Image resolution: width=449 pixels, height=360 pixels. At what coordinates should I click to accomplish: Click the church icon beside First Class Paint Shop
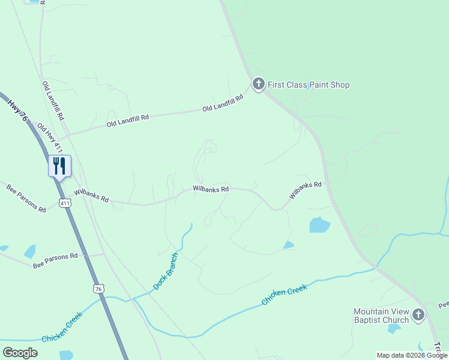[x=259, y=84]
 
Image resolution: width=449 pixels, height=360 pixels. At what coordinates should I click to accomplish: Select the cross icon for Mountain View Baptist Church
[x=418, y=314]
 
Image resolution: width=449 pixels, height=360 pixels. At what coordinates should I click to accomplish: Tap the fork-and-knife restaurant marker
[x=59, y=166]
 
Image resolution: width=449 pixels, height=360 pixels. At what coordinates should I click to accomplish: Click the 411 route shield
[x=65, y=203]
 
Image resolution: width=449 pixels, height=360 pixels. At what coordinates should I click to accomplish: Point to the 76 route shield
[x=99, y=289]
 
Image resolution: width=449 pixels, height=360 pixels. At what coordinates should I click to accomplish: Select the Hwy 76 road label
[x=18, y=112]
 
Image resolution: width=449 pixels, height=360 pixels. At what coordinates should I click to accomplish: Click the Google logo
[x=20, y=353]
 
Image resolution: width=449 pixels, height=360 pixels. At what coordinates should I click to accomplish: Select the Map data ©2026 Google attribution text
[x=412, y=355]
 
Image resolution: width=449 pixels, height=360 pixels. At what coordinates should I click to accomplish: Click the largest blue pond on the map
[x=319, y=224]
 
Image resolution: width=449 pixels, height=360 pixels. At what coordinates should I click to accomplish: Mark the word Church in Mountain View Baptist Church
[x=396, y=320]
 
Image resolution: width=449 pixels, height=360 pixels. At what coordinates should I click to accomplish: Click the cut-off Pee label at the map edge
[x=443, y=305]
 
